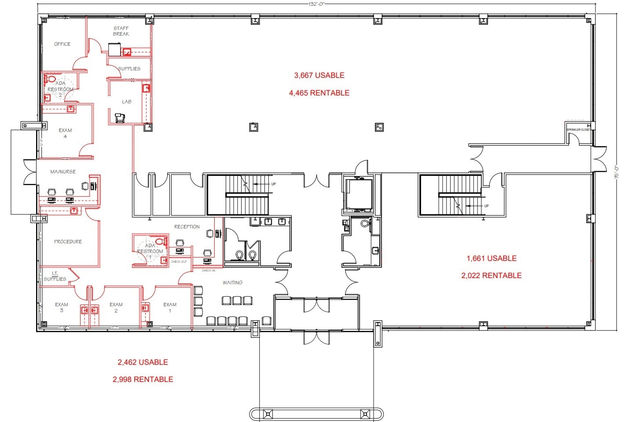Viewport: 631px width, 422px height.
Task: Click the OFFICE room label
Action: click(62, 44)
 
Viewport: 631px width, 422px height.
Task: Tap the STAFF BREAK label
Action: click(121, 31)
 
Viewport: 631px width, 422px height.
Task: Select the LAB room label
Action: click(127, 102)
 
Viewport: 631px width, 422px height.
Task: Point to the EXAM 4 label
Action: click(65, 133)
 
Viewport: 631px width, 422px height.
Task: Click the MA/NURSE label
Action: click(63, 172)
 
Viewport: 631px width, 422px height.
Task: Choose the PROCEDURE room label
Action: click(68, 242)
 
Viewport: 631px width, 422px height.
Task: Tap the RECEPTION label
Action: click(187, 227)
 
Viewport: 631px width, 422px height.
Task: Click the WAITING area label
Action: click(232, 283)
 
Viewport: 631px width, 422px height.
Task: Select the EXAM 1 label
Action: click(170, 308)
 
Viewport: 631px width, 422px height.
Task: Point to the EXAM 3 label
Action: click(62, 308)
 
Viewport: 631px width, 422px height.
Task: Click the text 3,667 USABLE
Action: click(319, 75)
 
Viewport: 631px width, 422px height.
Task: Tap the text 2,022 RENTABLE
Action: click(492, 275)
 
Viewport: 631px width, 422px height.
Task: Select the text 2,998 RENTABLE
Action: click(143, 379)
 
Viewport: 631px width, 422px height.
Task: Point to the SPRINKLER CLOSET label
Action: click(578, 130)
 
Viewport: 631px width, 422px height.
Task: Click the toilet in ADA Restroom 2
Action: click(50, 79)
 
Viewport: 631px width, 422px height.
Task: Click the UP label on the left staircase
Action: click(273, 184)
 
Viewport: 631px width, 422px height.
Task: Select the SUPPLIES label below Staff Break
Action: click(129, 69)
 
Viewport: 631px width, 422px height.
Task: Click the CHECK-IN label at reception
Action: click(209, 270)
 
